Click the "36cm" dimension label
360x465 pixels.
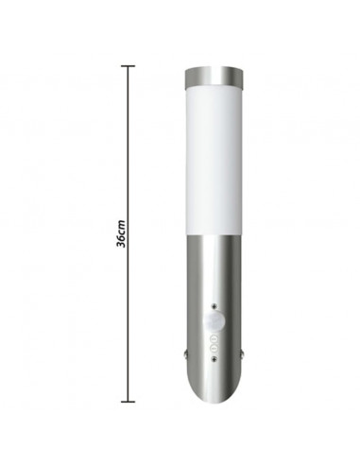[121, 233]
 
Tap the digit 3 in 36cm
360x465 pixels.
[121, 244]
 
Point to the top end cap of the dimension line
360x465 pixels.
[129, 66]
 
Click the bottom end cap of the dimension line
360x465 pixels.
[129, 402]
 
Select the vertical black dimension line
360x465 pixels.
[129, 233]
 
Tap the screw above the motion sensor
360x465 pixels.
[214, 306]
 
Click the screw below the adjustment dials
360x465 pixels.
[214, 358]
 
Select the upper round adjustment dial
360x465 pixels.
[214, 339]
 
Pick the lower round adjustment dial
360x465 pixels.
[214, 349]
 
